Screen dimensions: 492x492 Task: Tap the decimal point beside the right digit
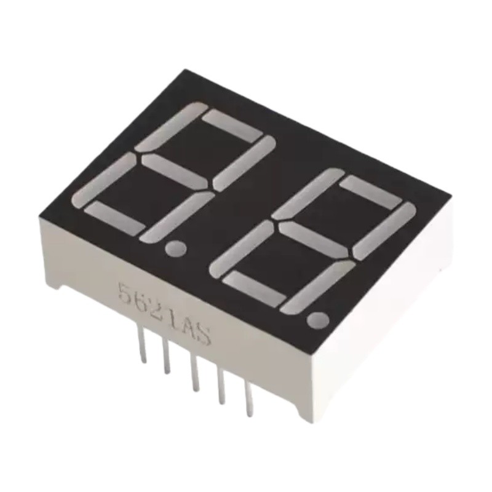click(x=318, y=320)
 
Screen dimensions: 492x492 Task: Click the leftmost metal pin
click(x=142, y=344)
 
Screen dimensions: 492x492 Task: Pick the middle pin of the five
click(x=195, y=373)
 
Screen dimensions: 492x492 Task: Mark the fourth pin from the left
click(x=222, y=386)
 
